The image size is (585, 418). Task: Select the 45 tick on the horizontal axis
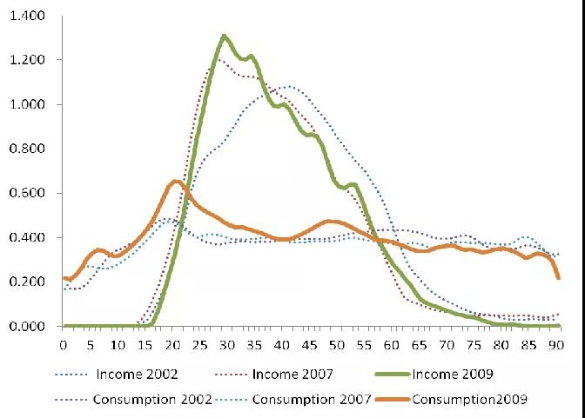point(309,344)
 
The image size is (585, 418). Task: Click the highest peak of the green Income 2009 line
point(225,36)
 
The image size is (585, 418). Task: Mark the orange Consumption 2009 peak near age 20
point(175,181)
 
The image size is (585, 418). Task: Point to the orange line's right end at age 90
point(558,278)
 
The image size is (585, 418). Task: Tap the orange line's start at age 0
point(64,278)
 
